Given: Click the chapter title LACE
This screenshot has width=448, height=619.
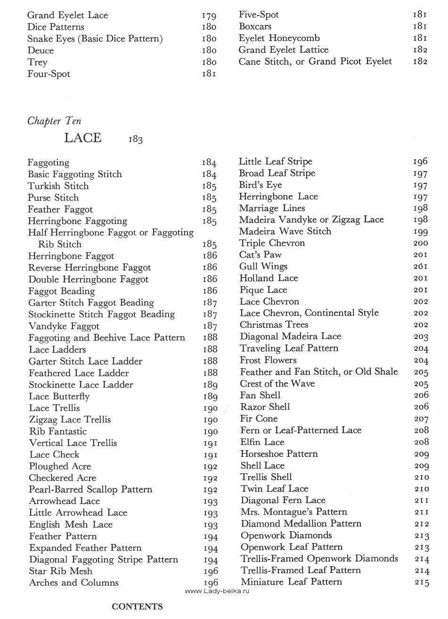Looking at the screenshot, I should click(x=83, y=138).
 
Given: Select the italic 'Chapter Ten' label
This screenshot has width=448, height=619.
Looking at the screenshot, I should click(x=54, y=121).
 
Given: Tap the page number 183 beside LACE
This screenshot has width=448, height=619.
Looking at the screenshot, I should click(x=135, y=140).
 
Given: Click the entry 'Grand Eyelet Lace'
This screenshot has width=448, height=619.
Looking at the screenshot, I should click(x=67, y=16).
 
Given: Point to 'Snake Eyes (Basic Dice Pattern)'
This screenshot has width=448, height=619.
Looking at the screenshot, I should click(x=95, y=39).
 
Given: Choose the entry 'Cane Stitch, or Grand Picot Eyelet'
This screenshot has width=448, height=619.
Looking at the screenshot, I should click(x=315, y=61).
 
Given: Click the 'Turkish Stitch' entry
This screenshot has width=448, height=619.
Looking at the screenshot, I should click(x=58, y=186).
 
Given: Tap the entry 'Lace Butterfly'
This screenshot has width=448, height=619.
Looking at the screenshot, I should click(x=59, y=396).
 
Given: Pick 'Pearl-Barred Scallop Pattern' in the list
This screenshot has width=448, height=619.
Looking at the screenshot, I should click(x=90, y=489).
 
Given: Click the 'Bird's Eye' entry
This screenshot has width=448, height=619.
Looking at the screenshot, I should click(x=261, y=185).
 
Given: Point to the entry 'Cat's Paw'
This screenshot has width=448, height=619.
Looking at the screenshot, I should click(x=260, y=255).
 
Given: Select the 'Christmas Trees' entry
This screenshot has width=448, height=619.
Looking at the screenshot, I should click(x=274, y=325).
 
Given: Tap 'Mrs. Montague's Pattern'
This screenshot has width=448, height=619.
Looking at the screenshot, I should click(x=293, y=512).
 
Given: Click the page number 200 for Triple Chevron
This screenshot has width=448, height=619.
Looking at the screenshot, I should click(x=421, y=243).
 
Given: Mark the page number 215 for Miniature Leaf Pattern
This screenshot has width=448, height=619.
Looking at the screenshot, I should click(x=422, y=583).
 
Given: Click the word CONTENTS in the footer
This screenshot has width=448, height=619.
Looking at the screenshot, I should click(x=137, y=607).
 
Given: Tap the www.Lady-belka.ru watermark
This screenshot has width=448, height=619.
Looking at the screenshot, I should click(x=217, y=591).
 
